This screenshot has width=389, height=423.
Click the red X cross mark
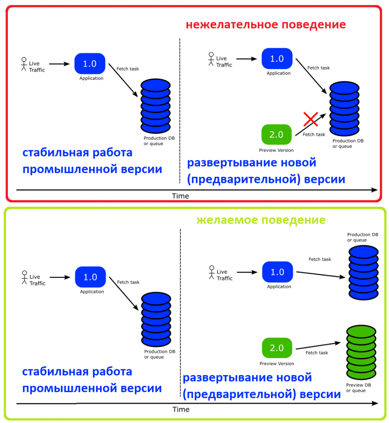[x=310, y=119]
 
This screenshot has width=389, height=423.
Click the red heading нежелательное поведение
[x=266, y=24]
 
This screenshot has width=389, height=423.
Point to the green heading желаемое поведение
[x=261, y=220]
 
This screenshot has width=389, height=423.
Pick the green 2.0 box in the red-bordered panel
[x=276, y=135]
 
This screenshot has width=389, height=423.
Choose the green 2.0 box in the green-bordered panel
[x=277, y=348]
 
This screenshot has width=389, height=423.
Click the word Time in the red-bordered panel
[x=180, y=196]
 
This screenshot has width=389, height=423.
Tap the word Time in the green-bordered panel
[x=181, y=409]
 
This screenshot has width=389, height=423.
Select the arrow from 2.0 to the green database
[x=319, y=345]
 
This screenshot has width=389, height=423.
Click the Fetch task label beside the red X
[x=314, y=135]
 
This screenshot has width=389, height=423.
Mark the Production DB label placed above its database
[x=363, y=237]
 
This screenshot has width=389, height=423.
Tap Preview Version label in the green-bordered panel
[x=277, y=364]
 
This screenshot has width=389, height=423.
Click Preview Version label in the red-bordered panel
[x=276, y=150]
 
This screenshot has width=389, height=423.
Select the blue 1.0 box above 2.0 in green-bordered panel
[x=278, y=272]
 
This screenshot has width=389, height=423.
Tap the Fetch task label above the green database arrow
[x=317, y=353]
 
